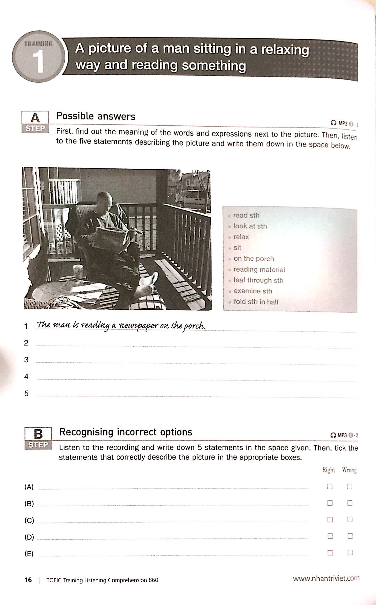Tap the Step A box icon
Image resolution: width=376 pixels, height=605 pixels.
coord(35,122)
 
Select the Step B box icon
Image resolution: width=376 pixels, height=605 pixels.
coord(38,438)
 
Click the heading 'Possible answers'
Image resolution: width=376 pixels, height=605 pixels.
coord(96,116)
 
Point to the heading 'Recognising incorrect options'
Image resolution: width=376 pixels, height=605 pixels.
coord(126,432)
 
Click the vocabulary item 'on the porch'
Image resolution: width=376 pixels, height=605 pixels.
coord(254,259)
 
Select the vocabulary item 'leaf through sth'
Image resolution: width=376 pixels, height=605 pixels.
coord(258,280)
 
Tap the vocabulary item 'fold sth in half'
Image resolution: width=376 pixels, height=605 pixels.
coord(256,302)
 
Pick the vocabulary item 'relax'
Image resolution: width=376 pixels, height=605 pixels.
coord(241,237)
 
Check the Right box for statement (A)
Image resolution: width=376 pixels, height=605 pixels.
coord(330,486)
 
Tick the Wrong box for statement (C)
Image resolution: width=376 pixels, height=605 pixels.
coord(349,519)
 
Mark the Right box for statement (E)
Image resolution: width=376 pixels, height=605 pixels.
coord(330,553)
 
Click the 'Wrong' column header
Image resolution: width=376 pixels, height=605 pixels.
coord(349,470)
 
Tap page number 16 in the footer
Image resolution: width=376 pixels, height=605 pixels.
coord(28,580)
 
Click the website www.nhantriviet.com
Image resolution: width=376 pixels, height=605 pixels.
coord(326,578)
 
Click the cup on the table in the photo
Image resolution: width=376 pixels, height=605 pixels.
coord(77,271)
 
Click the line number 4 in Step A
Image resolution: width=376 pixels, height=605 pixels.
coord(26,377)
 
